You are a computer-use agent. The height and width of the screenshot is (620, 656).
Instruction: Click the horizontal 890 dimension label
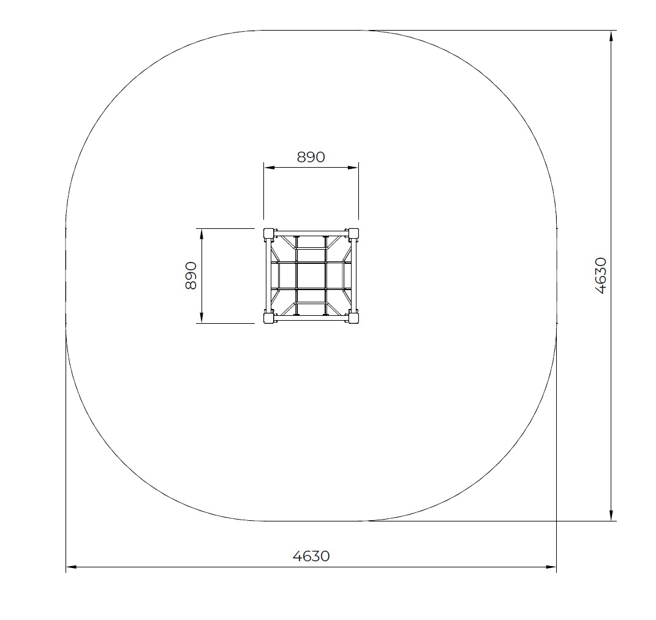(311, 157)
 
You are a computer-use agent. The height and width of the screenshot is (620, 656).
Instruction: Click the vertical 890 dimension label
(190, 275)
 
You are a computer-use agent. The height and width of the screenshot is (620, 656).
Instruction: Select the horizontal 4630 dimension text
(311, 556)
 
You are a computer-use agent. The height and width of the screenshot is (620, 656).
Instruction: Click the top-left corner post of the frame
(268, 233)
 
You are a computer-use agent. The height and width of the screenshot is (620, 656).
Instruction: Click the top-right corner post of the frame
(353, 233)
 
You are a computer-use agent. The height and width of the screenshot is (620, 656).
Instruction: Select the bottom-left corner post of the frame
(268, 318)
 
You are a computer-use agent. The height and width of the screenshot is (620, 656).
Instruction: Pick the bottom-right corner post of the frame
(353, 318)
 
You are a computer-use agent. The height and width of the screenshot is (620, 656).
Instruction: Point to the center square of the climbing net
(311, 275)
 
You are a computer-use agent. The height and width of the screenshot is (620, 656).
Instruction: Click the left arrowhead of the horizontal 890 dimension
(269, 168)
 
